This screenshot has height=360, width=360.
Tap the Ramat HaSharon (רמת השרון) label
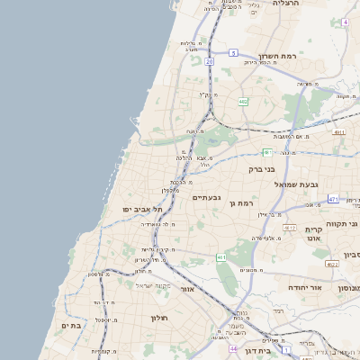pos(276,56)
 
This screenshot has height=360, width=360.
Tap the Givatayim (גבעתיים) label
pos(206,197)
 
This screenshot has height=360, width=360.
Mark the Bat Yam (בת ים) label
pos(71,324)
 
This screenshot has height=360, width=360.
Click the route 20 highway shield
pos(209,62)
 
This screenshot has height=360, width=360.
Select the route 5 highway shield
pos(232,54)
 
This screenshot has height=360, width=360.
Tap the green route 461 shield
pos(220,257)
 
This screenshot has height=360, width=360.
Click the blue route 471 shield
pos(333,199)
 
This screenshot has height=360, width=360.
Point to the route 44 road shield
pos(232,348)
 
